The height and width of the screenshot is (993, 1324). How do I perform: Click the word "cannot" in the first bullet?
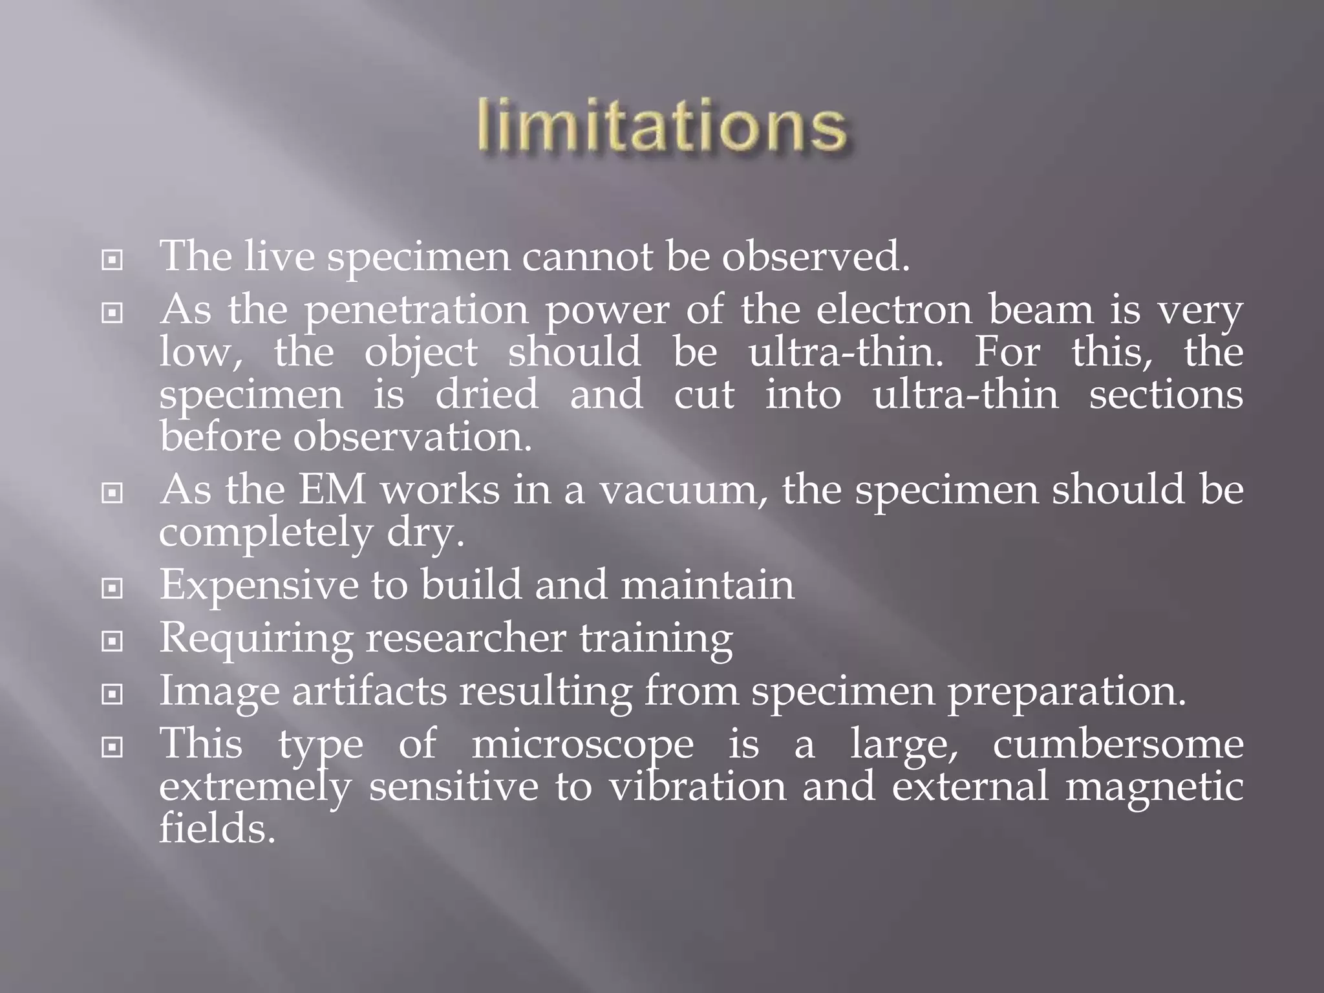coord(587,257)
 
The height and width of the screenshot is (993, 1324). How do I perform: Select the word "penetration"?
coord(416,310)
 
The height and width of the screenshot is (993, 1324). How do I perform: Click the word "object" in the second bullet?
coord(421,354)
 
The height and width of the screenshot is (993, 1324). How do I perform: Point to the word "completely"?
coord(266,533)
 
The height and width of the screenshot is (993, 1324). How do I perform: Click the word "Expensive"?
coord(259,586)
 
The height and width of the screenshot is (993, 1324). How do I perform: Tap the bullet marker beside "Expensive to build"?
coord(112,588)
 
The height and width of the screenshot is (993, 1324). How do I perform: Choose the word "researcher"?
coord(465,638)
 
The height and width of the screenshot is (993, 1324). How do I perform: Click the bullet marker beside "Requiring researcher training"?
coord(112,641)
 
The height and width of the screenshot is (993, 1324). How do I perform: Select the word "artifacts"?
coord(369,691)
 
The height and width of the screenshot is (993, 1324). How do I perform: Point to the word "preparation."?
coord(1067,692)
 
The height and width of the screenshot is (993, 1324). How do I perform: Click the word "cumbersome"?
coord(1118,745)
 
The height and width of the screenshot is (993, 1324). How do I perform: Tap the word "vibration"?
coord(698,787)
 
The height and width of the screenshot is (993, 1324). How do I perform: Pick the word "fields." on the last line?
coord(217,829)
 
